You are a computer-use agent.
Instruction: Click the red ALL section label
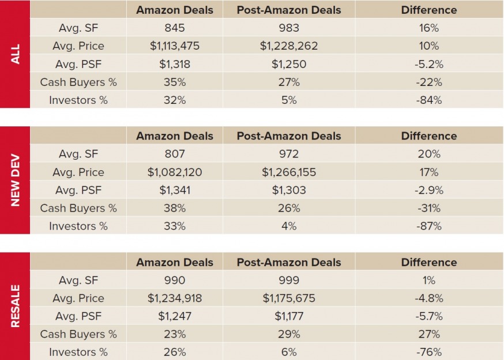coord(15,54)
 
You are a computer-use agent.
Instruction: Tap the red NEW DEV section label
coord(15,181)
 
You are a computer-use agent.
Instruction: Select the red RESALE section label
coord(15,306)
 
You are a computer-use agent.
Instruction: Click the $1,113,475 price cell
coord(174,46)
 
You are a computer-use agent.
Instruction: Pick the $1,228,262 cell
coord(288,46)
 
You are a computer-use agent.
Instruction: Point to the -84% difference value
coord(428,100)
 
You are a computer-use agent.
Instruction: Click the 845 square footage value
coord(174,28)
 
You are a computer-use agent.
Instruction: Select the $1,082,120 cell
coord(174,172)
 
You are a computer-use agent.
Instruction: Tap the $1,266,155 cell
coord(288,172)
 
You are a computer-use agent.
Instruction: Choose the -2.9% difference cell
coord(428,190)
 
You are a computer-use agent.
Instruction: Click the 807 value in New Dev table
coord(174,154)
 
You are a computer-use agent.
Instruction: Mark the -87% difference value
coord(428,226)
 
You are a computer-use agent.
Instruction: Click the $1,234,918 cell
coord(174,298)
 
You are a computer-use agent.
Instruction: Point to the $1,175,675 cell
coord(288,298)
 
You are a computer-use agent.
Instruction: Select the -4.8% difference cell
coord(428,298)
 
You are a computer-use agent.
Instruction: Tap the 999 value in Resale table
coord(288,280)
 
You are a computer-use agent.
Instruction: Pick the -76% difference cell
coord(428,352)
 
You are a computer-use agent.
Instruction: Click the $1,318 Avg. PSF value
coord(174,64)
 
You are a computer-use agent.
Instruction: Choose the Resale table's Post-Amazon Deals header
coord(288,262)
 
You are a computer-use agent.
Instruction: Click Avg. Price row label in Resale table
coord(78,298)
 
